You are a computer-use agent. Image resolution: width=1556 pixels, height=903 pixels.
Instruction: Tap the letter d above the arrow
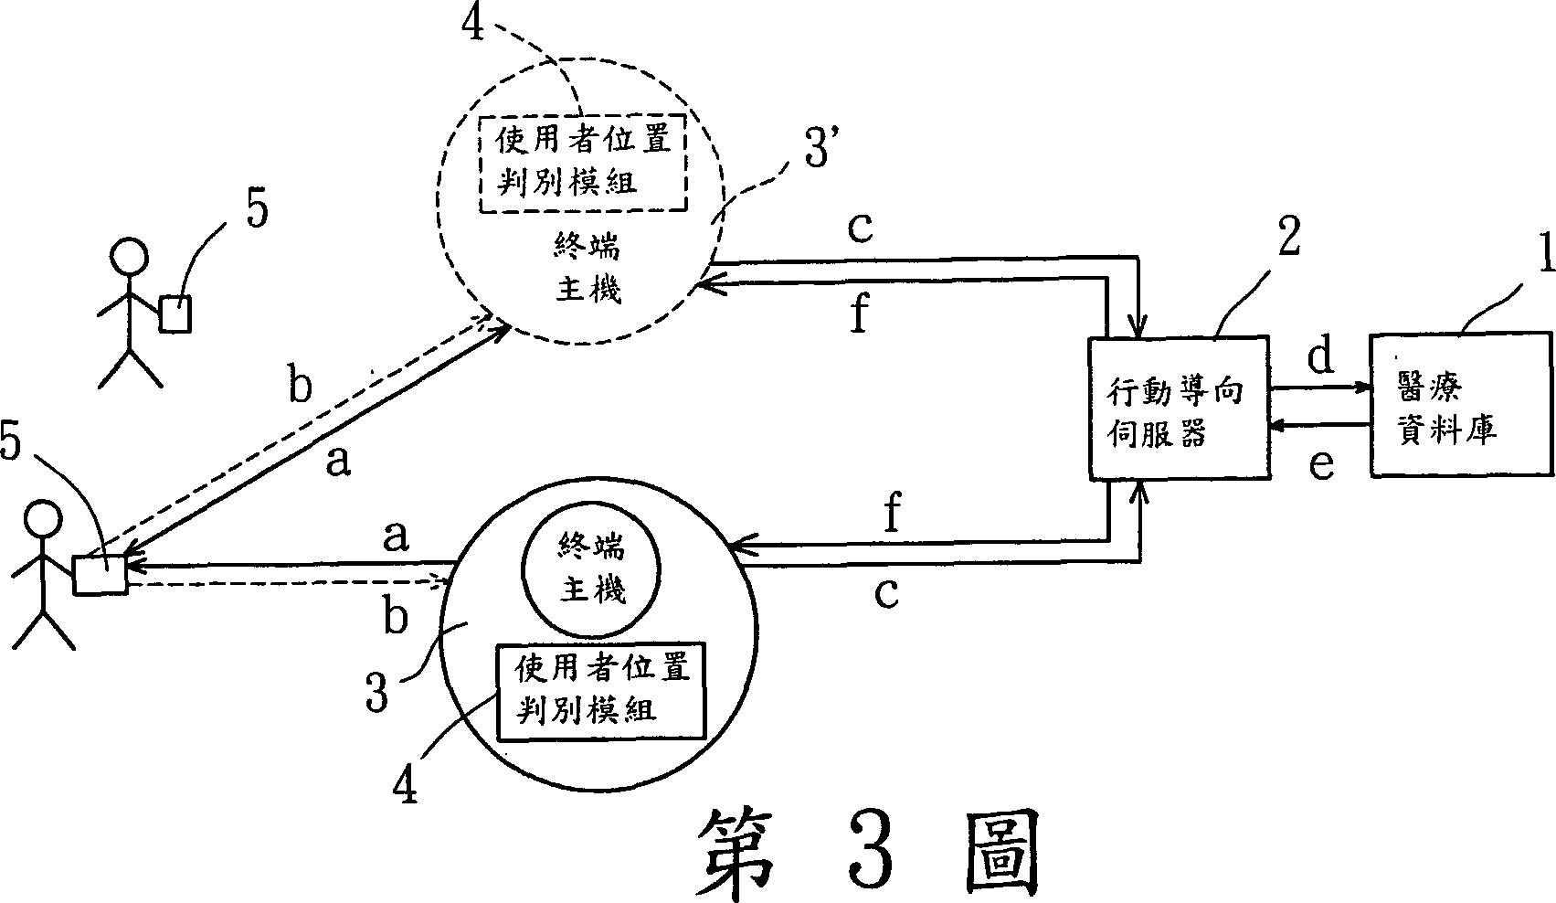1320,356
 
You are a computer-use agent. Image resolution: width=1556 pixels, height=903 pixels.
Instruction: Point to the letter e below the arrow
1320,464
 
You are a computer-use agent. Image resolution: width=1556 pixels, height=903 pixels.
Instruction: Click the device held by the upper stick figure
175,313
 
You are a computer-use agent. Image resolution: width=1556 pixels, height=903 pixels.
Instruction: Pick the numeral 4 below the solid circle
406,782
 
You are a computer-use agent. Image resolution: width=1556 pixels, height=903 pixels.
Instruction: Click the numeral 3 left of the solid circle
376,690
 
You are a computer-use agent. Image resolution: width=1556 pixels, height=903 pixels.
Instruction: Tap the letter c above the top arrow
860,228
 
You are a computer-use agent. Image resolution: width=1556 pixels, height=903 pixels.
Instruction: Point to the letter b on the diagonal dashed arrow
300,387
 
